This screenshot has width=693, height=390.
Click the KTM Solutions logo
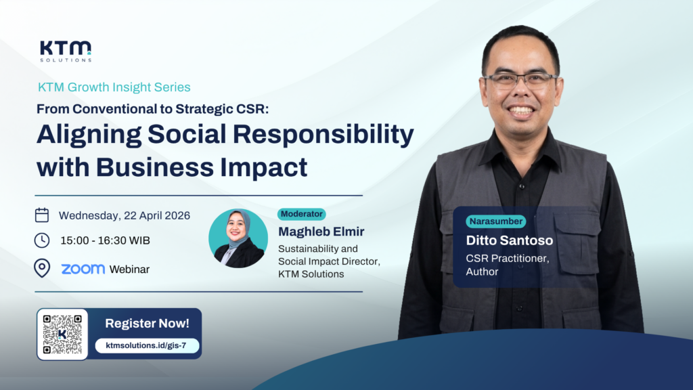65,51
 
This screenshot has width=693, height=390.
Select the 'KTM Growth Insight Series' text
114,87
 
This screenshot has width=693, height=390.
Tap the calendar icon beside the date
42,215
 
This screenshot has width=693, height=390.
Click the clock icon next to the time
42,240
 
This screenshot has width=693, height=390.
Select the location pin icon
42,268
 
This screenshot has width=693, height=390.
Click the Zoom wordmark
83,269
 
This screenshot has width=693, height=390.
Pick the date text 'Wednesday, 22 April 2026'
124,216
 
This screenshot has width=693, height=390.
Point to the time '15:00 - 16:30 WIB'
104,241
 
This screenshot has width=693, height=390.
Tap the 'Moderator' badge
301,214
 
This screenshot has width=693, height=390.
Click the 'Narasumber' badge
495,221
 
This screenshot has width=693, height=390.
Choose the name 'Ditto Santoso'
510,240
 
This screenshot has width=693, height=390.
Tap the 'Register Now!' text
147,324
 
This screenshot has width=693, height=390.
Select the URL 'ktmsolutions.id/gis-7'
147,345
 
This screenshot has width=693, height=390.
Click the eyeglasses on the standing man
520,80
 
